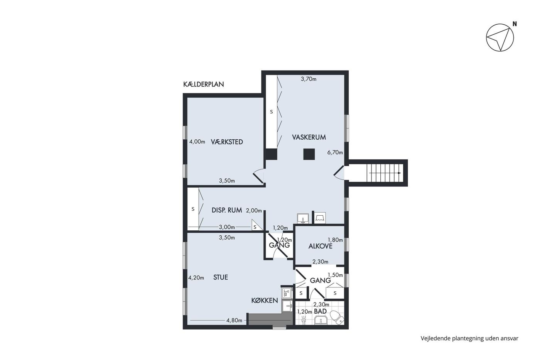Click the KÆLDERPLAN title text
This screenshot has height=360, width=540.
(x=204, y=85)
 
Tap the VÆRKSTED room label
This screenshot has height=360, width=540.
(x=227, y=142)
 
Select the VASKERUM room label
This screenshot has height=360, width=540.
(x=309, y=137)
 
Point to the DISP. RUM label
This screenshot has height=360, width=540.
(x=227, y=210)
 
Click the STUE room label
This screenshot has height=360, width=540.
(x=221, y=277)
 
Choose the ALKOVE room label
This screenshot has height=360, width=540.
(x=321, y=246)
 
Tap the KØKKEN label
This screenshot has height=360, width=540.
(x=265, y=301)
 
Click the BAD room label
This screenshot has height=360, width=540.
(x=321, y=311)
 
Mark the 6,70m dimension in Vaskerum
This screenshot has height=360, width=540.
(x=335, y=152)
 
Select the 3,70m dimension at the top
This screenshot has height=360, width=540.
(x=309, y=79)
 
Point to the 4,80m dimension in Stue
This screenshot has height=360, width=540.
(x=234, y=321)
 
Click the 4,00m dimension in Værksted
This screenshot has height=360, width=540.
(x=197, y=142)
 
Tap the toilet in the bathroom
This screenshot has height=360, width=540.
(x=337, y=317)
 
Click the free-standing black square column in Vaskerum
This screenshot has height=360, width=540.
(x=309, y=154)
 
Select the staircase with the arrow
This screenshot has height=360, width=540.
(x=385, y=173)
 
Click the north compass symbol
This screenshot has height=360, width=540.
(x=500, y=37)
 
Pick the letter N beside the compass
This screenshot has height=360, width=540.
(x=515, y=24)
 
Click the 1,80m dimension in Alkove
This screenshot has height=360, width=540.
(x=335, y=240)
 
